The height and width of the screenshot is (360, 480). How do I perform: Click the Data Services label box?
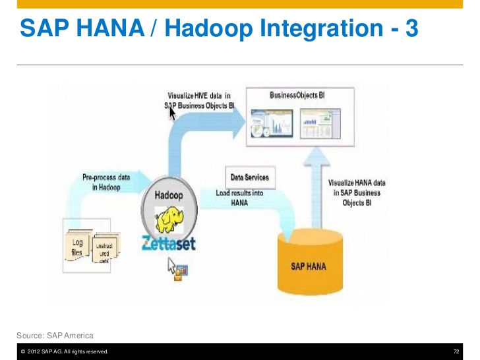pos(249,178)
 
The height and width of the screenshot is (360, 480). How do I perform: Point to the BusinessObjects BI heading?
pos(297,96)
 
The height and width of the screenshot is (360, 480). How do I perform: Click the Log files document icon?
pos(78,247)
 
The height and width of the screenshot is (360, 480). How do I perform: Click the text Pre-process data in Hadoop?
pos(105,183)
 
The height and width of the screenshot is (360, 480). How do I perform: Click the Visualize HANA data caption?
pos(356,193)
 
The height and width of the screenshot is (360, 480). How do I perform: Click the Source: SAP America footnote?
pos(55,336)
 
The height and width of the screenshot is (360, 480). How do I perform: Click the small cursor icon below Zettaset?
pos(176,268)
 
